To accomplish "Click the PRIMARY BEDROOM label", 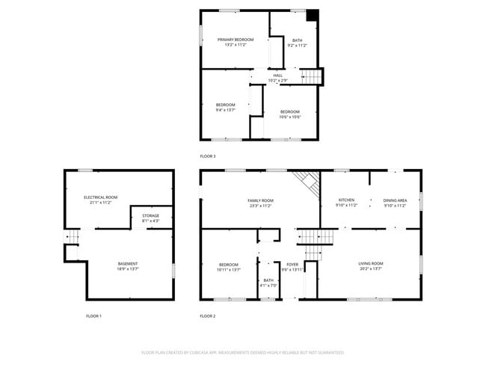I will [236, 39].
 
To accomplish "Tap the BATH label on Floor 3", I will [298, 40].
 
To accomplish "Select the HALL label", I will [278, 75].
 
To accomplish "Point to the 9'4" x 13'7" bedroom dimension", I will [226, 110].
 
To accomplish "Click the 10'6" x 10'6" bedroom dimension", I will [290, 117].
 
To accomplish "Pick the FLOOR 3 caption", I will [208, 156].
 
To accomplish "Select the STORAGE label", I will [150, 215].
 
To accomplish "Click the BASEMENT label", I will [128, 263].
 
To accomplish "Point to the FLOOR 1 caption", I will [93, 316].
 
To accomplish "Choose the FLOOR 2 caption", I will [208, 316].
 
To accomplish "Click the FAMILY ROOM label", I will [261, 200].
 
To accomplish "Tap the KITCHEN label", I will [347, 200].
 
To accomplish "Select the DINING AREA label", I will [395, 200].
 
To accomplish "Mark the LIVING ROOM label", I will [371, 263].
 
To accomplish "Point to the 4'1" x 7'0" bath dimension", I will [268, 285].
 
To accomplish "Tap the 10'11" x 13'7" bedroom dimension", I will [229, 269].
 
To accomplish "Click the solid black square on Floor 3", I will [313, 15].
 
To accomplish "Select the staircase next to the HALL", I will [313, 76].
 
